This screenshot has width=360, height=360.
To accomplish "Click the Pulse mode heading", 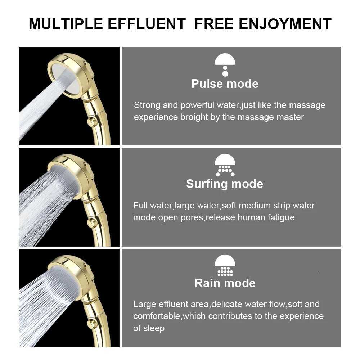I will tap(225, 84).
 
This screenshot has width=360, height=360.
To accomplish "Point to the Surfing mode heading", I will tap(225, 184).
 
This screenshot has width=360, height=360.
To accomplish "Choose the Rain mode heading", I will tap(225, 283).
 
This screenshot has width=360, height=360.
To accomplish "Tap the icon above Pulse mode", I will tap(225, 65).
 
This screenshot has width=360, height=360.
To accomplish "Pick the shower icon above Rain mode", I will tap(225, 265).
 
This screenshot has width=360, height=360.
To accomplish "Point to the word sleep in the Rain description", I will tap(154, 328).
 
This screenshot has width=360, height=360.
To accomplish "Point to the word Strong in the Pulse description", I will tap(147, 105).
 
